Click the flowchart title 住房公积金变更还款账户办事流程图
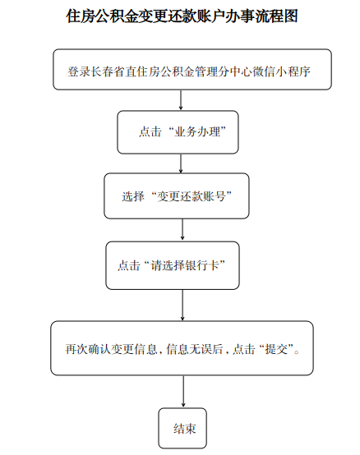(x=182, y=16)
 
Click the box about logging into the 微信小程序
(x=192, y=69)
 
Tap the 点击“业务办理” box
(x=178, y=132)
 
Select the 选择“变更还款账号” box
(x=177, y=195)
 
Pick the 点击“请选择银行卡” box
(x=173, y=265)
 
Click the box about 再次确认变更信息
(x=182, y=348)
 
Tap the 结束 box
(x=182, y=428)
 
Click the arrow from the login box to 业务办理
(x=181, y=100)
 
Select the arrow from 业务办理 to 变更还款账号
(x=181, y=163)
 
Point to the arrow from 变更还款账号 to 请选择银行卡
(x=182, y=230)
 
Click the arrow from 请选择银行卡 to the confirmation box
(x=182, y=305)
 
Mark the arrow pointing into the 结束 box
(x=183, y=392)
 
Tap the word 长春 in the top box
(x=102, y=71)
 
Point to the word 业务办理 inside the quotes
(x=197, y=132)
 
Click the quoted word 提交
(x=276, y=349)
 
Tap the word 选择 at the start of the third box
(x=133, y=196)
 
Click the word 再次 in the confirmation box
(x=76, y=349)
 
